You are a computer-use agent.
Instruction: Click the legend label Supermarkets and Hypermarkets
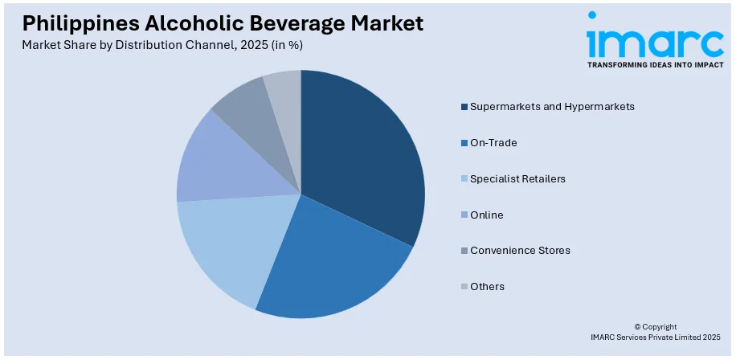pos(553,106)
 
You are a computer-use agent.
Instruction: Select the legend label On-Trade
pos(493,142)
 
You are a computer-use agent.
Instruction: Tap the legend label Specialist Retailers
pos(517,178)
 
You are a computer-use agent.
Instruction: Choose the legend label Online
pos(487,215)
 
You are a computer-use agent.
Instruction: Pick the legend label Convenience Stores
pos(520,250)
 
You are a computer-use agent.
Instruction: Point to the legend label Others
pos(487,286)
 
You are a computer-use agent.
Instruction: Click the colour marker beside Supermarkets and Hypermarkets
pos(464,107)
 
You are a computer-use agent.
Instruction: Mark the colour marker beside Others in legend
pos(464,287)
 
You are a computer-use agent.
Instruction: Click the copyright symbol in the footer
pos(637,326)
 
